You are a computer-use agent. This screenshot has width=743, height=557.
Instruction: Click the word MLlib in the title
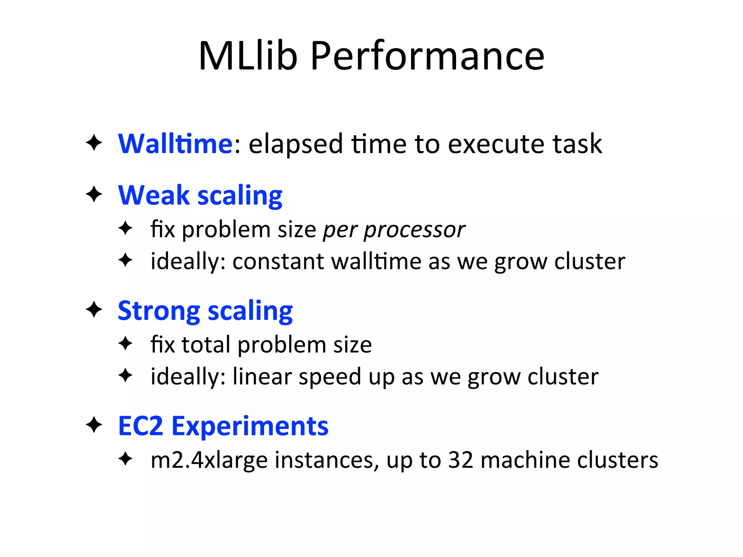(248, 56)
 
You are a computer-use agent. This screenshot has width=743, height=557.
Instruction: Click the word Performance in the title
(427, 56)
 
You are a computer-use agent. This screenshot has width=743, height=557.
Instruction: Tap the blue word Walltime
(175, 144)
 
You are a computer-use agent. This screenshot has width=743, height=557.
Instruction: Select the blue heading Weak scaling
(200, 195)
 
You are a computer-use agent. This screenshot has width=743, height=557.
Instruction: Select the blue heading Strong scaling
(205, 311)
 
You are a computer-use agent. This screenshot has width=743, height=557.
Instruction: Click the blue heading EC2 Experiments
(223, 426)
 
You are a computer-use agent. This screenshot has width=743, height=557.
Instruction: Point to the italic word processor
(414, 230)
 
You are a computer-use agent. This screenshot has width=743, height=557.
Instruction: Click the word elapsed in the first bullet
(296, 144)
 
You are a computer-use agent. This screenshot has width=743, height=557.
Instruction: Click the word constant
(278, 261)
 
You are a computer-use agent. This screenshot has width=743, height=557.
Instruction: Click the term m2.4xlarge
(209, 460)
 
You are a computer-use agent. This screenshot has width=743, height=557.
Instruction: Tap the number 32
(461, 460)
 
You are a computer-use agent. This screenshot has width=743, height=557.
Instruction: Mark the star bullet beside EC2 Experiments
(94, 425)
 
